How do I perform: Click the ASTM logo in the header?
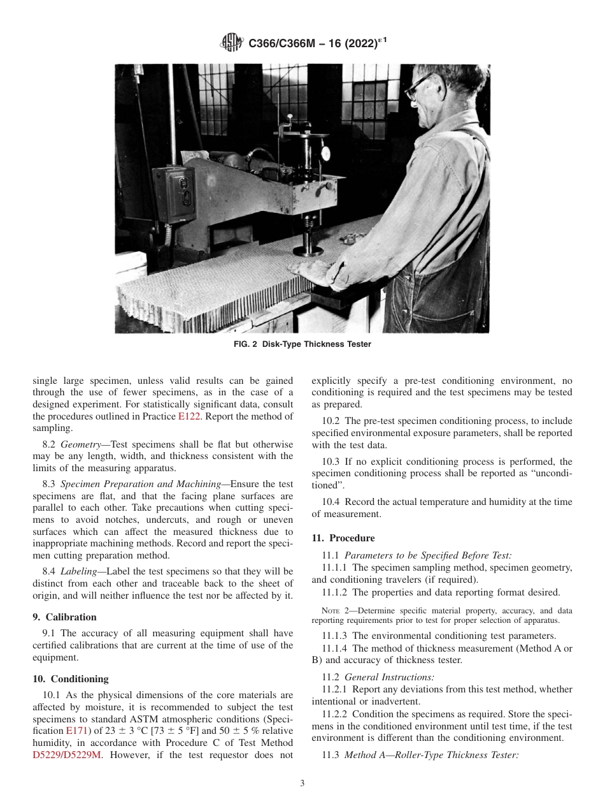(231, 43)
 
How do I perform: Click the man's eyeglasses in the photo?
(421, 85)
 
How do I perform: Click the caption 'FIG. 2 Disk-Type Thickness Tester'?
(302, 344)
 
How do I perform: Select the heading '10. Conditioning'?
(70, 679)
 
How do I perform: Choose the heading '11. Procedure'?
(343, 538)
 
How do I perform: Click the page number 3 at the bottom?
(302, 783)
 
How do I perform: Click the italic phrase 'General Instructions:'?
(389, 677)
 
